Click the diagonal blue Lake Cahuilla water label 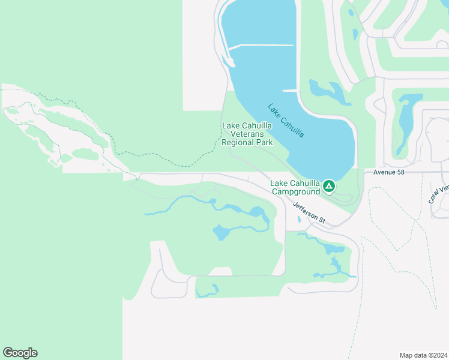(x=286, y=121)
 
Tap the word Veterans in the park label (x=247, y=134)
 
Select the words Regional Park (x=247, y=142)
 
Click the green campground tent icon (x=329, y=186)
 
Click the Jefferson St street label (x=309, y=213)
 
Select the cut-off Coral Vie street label (x=439, y=192)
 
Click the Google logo (x=20, y=353)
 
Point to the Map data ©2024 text (x=423, y=355)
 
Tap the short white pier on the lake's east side (x=289, y=91)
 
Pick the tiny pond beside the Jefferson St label (x=299, y=219)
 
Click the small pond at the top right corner (x=351, y=11)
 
